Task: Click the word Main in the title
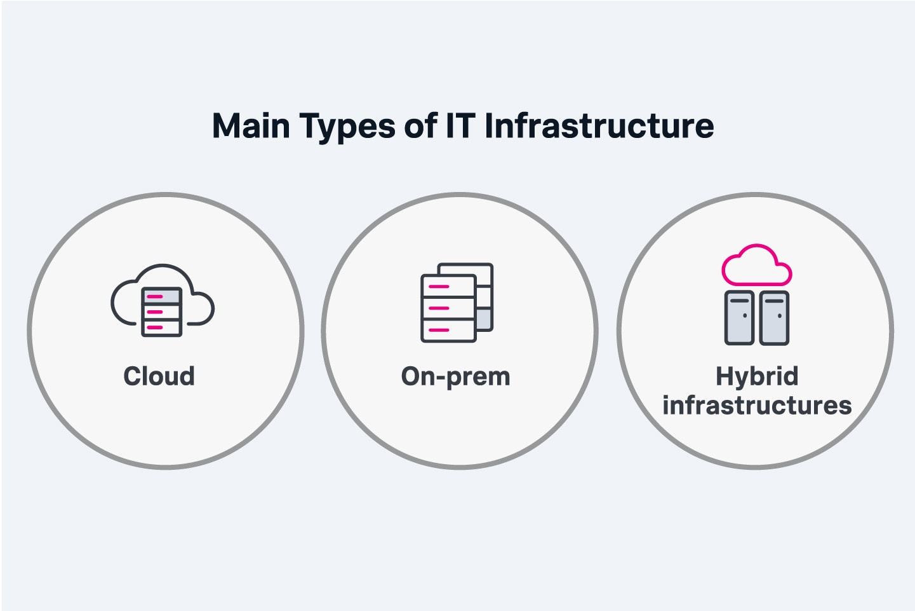[x=250, y=126]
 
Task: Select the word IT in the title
[x=460, y=126]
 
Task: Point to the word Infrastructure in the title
[x=599, y=126]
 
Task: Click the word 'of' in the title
[x=420, y=126]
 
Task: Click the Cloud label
[x=159, y=376]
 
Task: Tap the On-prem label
[x=455, y=377]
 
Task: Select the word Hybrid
[x=756, y=376]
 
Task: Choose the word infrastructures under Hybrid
[x=756, y=405]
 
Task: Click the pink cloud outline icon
[x=756, y=266]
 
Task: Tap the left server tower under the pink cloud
[x=739, y=318]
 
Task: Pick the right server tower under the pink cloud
[x=774, y=318]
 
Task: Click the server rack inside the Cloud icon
[x=162, y=312]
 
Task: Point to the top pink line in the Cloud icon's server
[x=155, y=297]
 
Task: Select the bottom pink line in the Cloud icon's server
[x=155, y=327]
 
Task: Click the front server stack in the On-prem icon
[x=448, y=308]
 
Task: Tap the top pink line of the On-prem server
[x=439, y=287]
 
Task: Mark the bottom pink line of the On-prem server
[x=439, y=330]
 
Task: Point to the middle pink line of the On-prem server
[x=439, y=308]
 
